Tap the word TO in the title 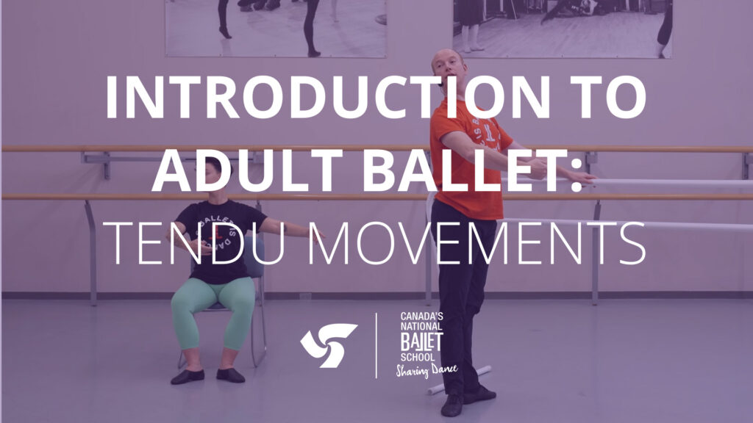pos(601,98)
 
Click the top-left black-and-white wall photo pos(275,27)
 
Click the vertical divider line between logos pos(376,345)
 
